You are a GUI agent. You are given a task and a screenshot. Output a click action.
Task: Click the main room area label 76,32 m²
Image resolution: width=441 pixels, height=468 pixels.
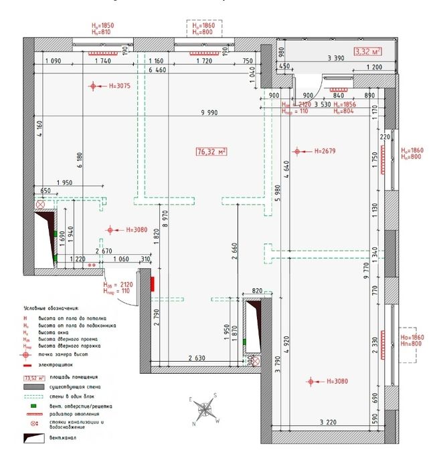[211, 152]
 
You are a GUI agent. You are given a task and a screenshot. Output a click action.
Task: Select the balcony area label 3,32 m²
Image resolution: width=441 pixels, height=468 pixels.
[368, 51]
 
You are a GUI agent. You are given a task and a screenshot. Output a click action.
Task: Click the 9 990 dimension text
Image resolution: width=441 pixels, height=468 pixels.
[211, 113]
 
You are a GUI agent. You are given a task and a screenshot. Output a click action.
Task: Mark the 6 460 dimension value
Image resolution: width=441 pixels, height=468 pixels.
[157, 70]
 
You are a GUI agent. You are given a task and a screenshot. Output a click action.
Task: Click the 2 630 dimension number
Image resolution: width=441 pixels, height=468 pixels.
[196, 359]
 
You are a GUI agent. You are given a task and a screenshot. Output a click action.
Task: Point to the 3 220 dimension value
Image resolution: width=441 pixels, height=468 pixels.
[327, 422]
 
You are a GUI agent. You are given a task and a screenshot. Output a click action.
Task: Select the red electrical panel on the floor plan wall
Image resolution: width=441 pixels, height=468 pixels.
[153, 284]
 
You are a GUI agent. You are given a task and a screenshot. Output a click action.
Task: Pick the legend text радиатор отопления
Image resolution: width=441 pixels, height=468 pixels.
[61, 414]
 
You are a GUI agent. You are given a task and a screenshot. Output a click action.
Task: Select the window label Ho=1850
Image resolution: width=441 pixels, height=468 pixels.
[102, 25]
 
